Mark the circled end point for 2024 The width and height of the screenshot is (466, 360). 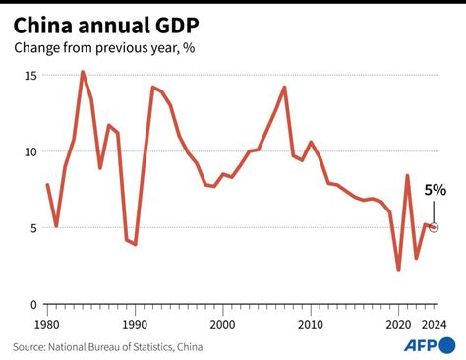point(434,227)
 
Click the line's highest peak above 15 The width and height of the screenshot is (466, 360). point(83,72)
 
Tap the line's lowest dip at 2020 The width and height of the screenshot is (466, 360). point(398,270)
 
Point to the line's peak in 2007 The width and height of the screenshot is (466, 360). point(284,88)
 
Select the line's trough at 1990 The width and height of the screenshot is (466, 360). point(136,244)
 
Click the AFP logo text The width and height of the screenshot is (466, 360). point(422,345)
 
